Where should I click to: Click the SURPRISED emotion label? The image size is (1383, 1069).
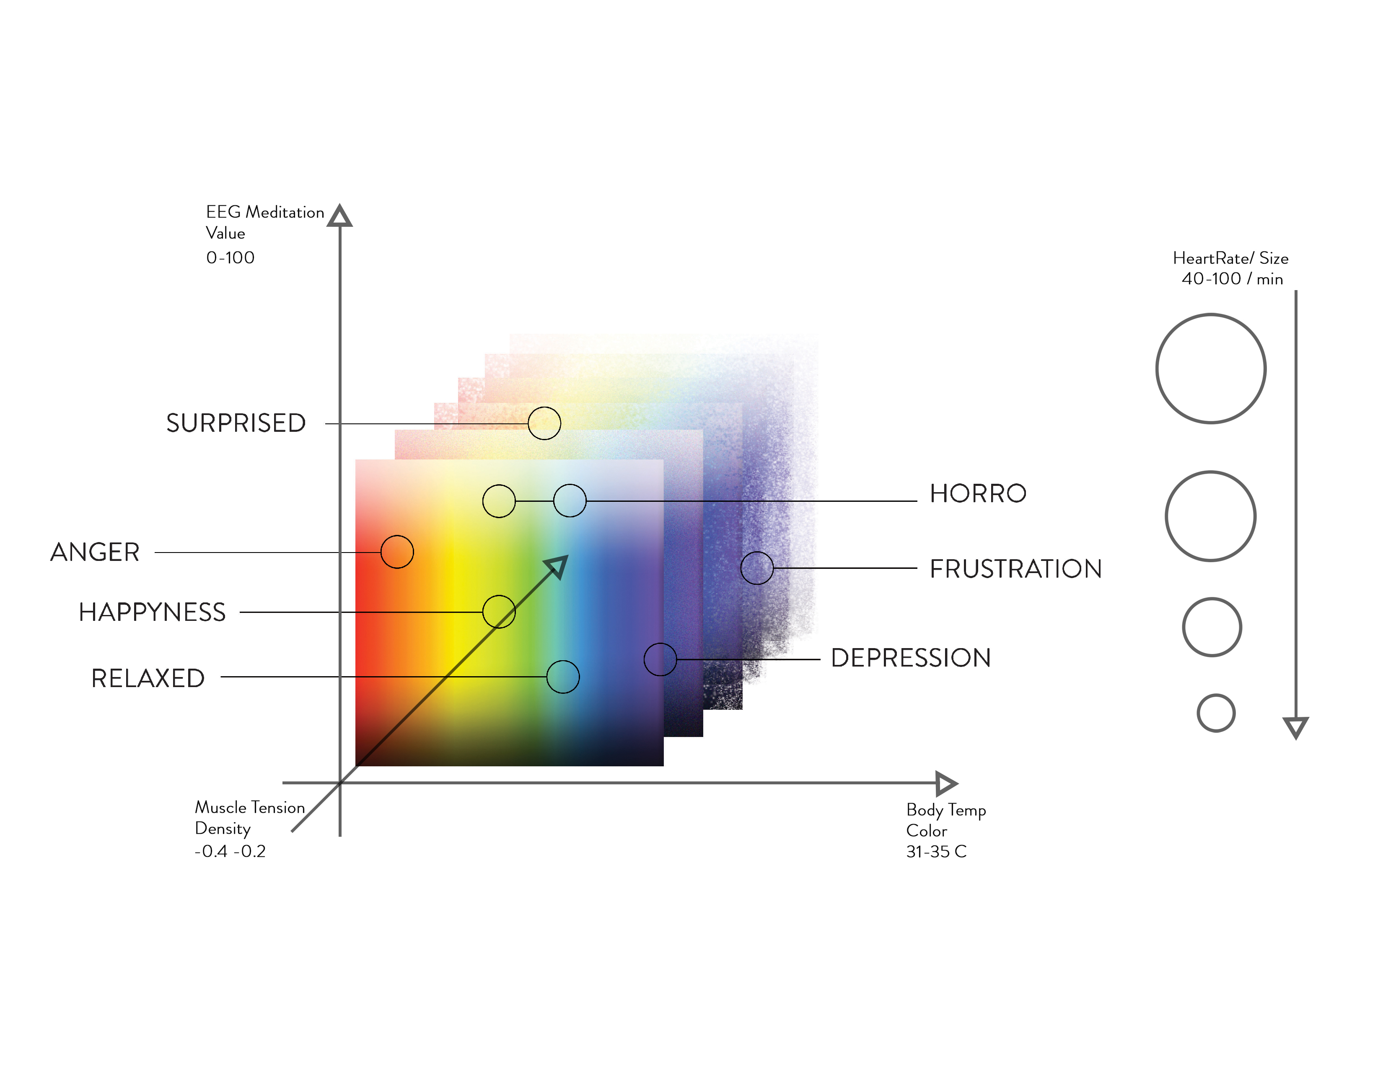[236, 423]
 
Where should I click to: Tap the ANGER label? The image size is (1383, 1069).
[95, 552]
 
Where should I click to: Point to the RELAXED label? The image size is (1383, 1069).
[148, 678]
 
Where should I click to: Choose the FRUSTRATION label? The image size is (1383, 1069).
[1015, 569]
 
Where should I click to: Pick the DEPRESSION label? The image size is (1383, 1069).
[910, 658]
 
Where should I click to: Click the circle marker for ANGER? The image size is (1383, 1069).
[397, 552]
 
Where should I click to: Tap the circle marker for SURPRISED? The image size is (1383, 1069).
[544, 423]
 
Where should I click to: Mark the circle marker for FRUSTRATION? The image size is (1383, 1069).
[757, 568]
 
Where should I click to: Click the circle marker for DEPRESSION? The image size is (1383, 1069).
[660, 659]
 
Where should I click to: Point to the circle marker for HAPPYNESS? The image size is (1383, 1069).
[499, 612]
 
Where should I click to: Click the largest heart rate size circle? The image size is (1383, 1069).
[1211, 368]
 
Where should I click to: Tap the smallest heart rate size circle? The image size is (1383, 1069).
[1216, 713]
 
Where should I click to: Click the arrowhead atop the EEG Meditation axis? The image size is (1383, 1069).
[340, 216]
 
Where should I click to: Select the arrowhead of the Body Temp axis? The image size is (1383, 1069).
[945, 784]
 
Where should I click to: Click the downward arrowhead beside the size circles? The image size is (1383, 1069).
[1295, 727]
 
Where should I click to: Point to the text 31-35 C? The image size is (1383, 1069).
[936, 852]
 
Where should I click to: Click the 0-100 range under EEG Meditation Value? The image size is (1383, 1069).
[230, 258]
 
